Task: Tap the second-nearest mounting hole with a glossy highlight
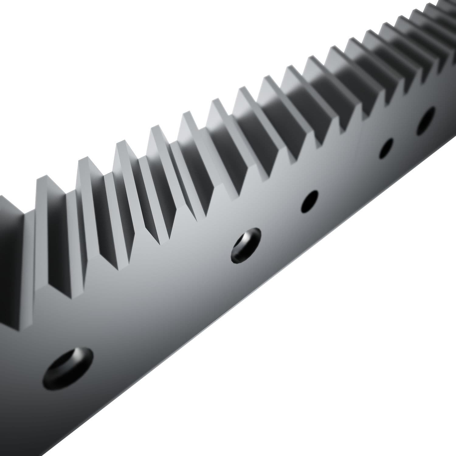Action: pos(246,246)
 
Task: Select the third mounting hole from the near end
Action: pos(309,201)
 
